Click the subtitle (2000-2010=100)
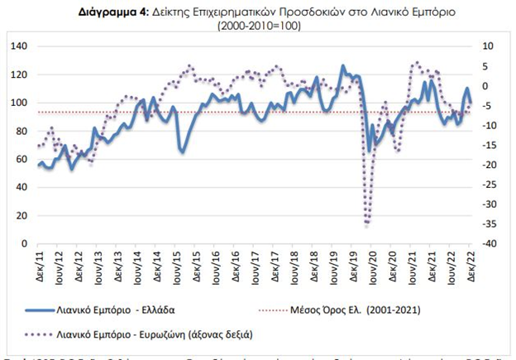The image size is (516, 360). pyautogui.click(x=259, y=26)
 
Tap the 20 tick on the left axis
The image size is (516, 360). pyautogui.click(x=21, y=216)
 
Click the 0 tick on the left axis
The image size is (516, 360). pyautogui.click(x=24, y=244)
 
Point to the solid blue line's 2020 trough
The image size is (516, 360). pyautogui.click(x=369, y=151)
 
